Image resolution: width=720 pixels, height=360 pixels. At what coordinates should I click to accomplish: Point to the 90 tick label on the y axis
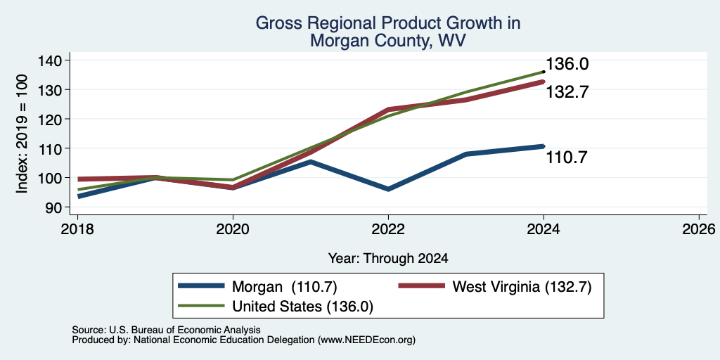pos(59,207)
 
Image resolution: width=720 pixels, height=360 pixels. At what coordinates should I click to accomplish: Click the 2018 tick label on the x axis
pos(77,229)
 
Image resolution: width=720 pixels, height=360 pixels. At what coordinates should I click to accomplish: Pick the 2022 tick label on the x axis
pos(388,229)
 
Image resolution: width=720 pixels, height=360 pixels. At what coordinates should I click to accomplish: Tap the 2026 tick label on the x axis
pos(699,229)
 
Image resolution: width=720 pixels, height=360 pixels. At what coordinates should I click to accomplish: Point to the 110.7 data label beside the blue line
pos(567,158)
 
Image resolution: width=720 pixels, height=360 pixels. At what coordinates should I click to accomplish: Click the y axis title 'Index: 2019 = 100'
pos(22,134)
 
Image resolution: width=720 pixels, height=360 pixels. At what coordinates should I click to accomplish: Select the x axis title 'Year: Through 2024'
pos(388,259)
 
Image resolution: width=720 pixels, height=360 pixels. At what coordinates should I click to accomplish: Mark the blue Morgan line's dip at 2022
pos(388,189)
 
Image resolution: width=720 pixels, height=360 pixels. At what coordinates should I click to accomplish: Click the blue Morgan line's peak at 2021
pos(310,162)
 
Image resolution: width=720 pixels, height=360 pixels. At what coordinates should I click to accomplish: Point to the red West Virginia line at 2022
pos(388,109)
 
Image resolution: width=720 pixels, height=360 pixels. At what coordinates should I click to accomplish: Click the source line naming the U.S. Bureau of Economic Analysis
pos(166,330)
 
